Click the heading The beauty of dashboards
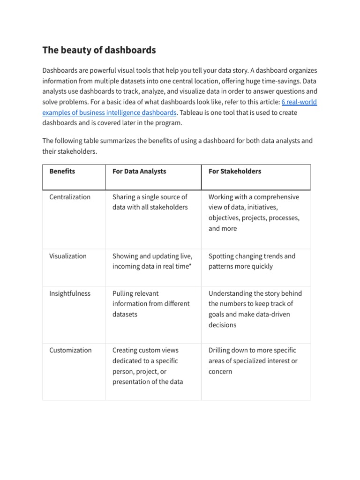[99, 50]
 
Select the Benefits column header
[62, 172]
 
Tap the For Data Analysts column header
[139, 172]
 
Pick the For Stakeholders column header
[234, 172]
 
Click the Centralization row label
[70, 197]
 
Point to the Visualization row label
[68, 256]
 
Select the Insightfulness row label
[70, 293]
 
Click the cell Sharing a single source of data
[150, 202]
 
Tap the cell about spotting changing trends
[252, 261]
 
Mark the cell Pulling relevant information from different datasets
[151, 304]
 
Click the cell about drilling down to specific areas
[253, 360]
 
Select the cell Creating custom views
[148, 366]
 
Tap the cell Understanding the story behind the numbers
[255, 309]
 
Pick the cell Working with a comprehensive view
[254, 212]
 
